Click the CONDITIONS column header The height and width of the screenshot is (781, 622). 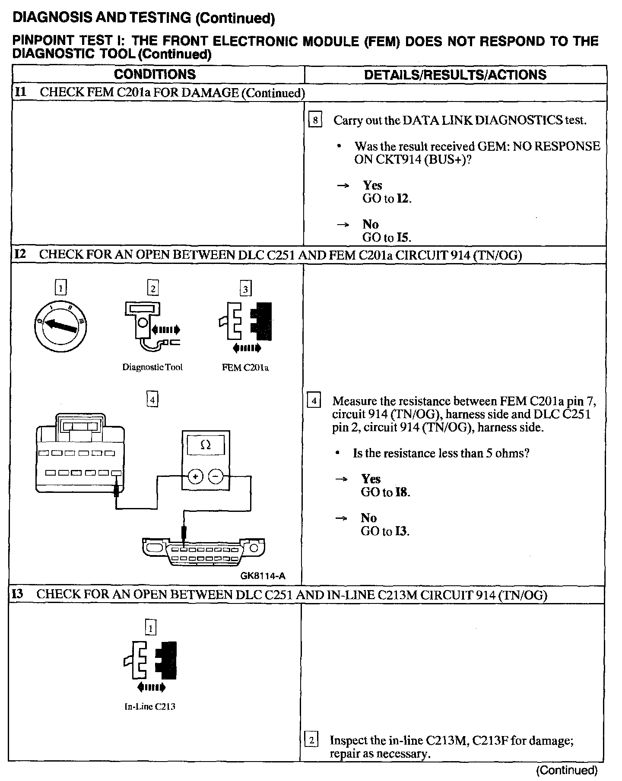pyautogui.click(x=155, y=74)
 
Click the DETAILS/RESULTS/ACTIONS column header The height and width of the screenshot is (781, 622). pyautogui.click(x=455, y=75)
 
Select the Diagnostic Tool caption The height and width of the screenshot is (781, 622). pyautogui.click(x=152, y=367)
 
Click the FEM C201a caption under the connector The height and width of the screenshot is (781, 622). pyautogui.click(x=245, y=368)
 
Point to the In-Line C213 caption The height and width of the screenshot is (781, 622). pyautogui.click(x=150, y=707)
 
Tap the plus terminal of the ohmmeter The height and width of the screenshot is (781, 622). pyautogui.click(x=196, y=476)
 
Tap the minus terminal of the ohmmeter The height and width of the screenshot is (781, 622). pyautogui.click(x=216, y=476)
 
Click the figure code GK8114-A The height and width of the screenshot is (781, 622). pyautogui.click(x=263, y=576)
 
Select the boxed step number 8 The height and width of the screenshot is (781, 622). pyautogui.click(x=315, y=120)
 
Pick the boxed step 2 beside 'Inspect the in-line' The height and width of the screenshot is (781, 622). pyautogui.click(x=311, y=740)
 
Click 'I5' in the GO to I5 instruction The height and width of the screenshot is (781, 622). pyautogui.click(x=403, y=238)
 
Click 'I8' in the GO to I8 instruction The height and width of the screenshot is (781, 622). pyautogui.click(x=402, y=492)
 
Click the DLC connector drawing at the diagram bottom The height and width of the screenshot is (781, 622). pyautogui.click(x=203, y=553)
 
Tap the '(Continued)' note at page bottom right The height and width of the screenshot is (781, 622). pyautogui.click(x=567, y=770)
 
